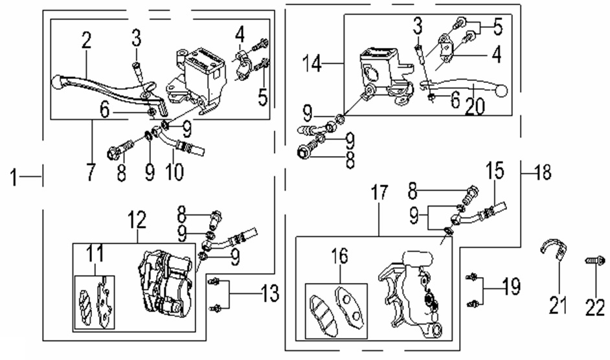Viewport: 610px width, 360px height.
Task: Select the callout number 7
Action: tap(89, 172)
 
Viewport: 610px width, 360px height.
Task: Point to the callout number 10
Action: tap(175, 172)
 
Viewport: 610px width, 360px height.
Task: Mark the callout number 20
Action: tap(475, 106)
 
